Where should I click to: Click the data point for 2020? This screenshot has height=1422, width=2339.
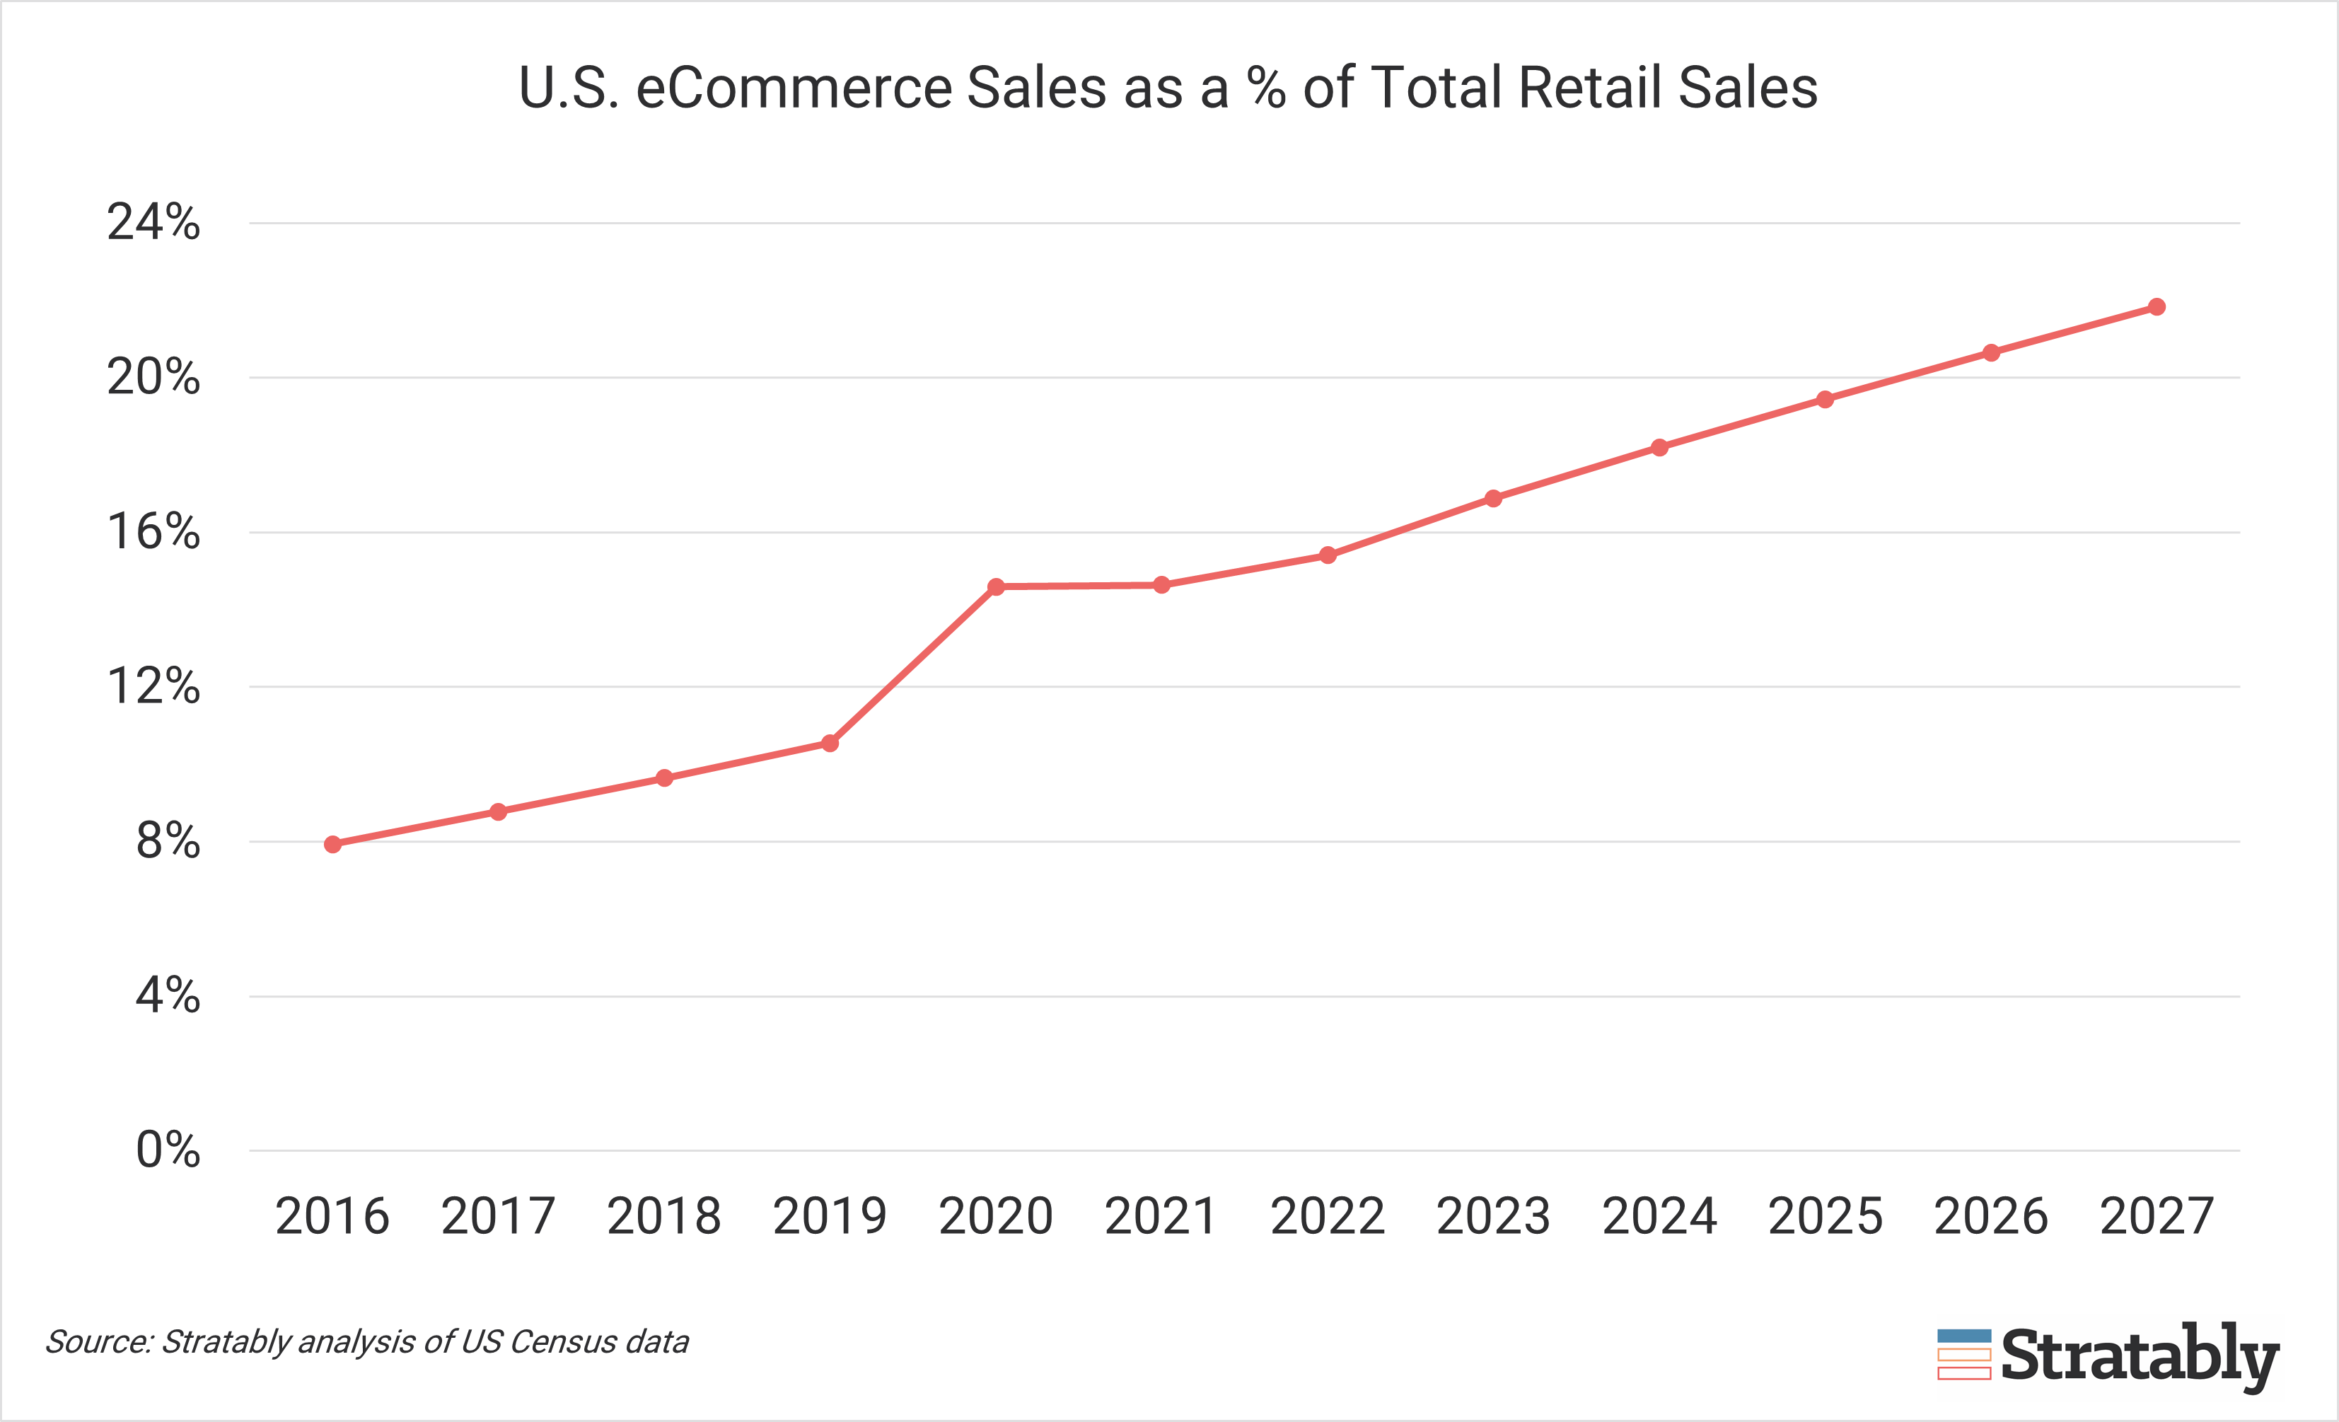tap(996, 586)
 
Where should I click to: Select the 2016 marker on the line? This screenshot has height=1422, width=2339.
tap(332, 844)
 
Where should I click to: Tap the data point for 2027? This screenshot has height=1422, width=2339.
tap(2157, 306)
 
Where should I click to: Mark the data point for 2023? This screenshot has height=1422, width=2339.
tap(1493, 498)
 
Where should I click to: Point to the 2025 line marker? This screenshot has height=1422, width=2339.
tap(1825, 400)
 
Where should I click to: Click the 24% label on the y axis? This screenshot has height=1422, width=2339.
tap(153, 223)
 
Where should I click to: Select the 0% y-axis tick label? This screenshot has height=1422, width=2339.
tap(168, 1150)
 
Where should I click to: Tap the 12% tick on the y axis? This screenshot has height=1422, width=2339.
tap(153, 686)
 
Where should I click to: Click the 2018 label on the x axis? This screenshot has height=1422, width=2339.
tap(663, 1217)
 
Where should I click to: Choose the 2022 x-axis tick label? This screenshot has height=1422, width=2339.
tap(1327, 1217)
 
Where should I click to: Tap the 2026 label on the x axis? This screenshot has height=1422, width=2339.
tap(1990, 1217)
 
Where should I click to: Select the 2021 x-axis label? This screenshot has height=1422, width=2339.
tap(1161, 1217)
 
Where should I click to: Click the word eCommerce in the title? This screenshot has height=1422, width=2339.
tap(794, 88)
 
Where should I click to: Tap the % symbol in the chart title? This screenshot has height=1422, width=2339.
tap(1266, 88)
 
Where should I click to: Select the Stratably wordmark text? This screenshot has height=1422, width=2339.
tap(2140, 1356)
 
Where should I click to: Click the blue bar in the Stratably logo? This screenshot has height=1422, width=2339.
tap(1964, 1336)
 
